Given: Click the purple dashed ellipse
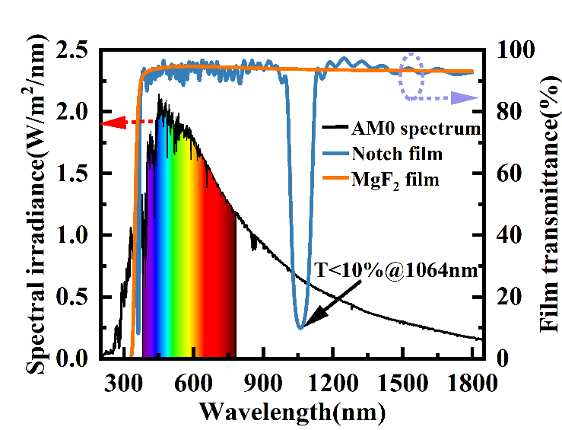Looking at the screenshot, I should pos(411,76).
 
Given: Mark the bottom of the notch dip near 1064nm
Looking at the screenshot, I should pos(300,327).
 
